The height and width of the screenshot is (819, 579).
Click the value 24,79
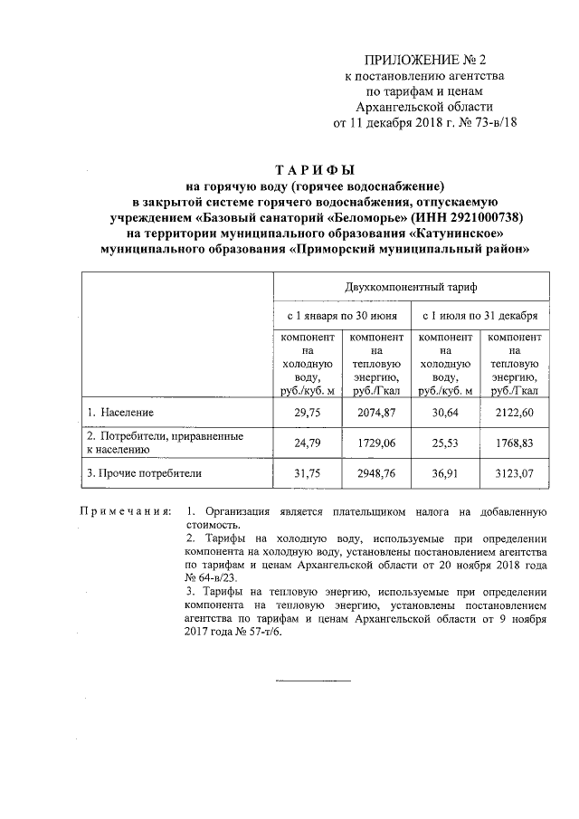(x=308, y=443)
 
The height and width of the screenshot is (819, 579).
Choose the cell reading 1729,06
(x=377, y=443)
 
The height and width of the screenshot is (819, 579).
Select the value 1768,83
(x=514, y=443)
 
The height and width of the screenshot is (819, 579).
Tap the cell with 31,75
(x=308, y=472)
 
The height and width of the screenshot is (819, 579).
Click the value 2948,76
(x=377, y=472)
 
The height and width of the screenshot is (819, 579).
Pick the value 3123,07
(x=514, y=472)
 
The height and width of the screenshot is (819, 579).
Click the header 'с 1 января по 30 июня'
(x=343, y=318)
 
